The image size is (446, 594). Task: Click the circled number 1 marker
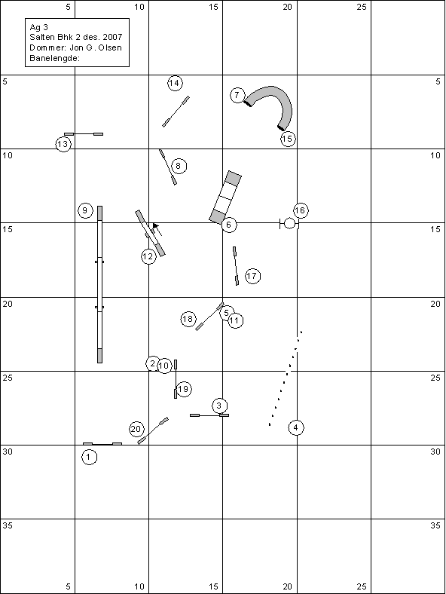pyautogui.click(x=90, y=457)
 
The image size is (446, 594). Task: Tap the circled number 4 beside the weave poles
pyautogui.click(x=295, y=427)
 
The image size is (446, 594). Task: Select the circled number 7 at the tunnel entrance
pyautogui.click(x=237, y=95)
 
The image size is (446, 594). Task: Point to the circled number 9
pyautogui.click(x=85, y=210)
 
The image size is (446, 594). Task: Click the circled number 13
pyautogui.click(x=63, y=144)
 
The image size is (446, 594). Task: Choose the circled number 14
pyautogui.click(x=175, y=83)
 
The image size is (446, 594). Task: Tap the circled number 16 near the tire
pyautogui.click(x=301, y=210)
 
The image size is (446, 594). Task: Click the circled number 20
pyautogui.click(x=136, y=429)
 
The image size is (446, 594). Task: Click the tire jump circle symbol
pyautogui.click(x=289, y=224)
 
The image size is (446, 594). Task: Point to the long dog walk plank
pyautogui.click(x=100, y=284)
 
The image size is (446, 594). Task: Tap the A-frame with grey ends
pyautogui.click(x=225, y=197)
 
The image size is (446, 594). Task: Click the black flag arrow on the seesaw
pyautogui.click(x=156, y=226)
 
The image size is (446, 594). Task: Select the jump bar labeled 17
pyautogui.click(x=236, y=266)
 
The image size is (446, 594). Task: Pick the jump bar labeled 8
pyautogui.click(x=168, y=167)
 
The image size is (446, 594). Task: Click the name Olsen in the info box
pyautogui.click(x=110, y=47)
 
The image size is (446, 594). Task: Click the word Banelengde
pyautogui.click(x=54, y=58)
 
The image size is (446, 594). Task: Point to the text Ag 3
pyautogui.click(x=38, y=27)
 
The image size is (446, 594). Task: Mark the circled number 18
pyautogui.click(x=188, y=319)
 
